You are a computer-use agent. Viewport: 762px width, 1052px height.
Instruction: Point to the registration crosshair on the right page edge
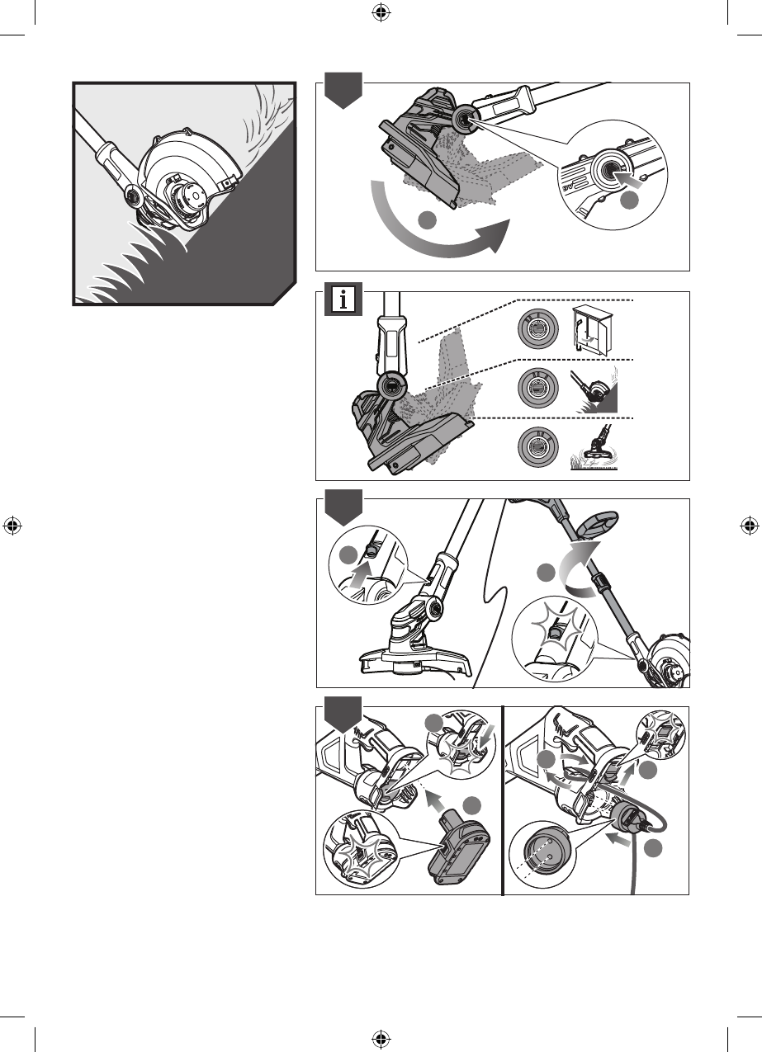(x=749, y=526)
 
